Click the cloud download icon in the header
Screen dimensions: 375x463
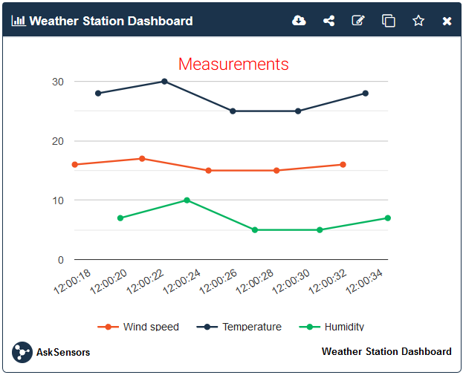point(299,21)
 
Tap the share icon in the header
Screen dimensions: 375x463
point(328,21)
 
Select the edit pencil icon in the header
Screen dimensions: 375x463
point(358,21)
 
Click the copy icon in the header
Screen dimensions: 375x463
point(388,21)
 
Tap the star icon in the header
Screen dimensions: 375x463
point(418,21)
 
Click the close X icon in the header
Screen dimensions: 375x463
point(447,21)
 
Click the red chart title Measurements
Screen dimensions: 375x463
point(233,64)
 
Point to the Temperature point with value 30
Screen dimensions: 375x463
point(164,82)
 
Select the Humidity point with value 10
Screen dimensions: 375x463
point(187,200)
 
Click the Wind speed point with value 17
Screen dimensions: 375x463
point(142,159)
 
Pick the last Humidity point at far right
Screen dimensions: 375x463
point(387,218)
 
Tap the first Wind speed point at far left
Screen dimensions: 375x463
point(75,165)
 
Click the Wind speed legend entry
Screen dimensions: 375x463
point(139,327)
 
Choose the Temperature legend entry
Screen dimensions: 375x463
point(239,327)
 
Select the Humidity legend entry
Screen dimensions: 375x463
point(332,327)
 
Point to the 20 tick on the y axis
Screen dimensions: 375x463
point(57,141)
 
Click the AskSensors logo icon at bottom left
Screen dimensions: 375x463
point(22,352)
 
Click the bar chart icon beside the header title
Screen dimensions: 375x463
point(19,21)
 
